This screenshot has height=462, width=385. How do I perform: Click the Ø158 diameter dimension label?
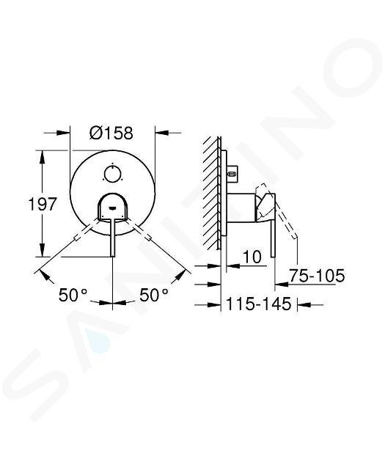tap(111, 133)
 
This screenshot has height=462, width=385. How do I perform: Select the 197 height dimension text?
tap(42, 204)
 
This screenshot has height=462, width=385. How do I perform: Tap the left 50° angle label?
tap(73, 295)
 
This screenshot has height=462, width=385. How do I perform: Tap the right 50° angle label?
tap(154, 295)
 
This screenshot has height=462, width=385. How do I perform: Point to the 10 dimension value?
tap(252, 257)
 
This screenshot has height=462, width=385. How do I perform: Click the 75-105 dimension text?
tap(317, 276)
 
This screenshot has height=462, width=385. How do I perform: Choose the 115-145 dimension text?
tap(259, 304)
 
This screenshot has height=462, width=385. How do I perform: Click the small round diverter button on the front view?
tap(112, 174)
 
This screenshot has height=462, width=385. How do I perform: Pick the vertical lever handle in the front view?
tap(113, 238)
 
